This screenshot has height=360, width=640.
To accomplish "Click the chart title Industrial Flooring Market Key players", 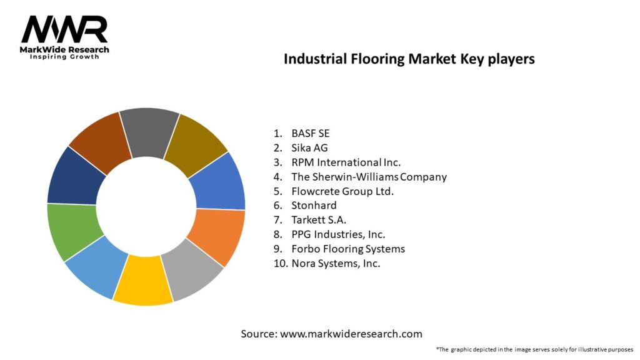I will [409, 59].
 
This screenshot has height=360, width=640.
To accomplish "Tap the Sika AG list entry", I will [309, 147].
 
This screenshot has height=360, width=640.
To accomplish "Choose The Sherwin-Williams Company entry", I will [369, 177].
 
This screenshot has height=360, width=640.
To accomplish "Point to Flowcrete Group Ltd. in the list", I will [342, 191].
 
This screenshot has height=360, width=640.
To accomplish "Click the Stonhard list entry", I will [314, 206].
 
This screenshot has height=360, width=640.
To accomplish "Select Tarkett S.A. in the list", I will [319, 220].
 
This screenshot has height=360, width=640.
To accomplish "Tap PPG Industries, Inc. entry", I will [337, 234].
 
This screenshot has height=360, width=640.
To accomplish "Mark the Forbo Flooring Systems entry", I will [347, 249].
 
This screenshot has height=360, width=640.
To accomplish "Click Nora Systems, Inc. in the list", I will [336, 263].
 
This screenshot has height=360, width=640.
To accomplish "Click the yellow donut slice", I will [143, 285].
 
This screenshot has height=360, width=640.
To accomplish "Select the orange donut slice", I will [219, 236].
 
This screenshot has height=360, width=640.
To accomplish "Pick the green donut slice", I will [70, 230].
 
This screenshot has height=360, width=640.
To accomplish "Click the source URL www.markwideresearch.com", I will [351, 334].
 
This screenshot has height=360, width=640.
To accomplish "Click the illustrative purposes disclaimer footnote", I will [534, 349].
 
